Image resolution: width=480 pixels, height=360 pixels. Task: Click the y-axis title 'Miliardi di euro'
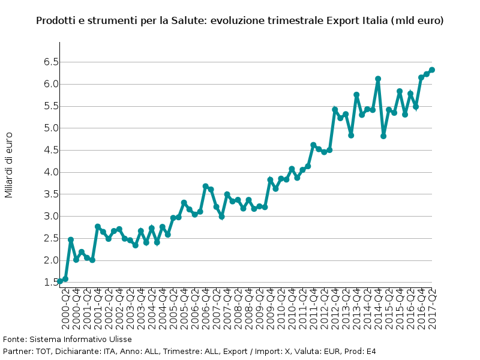(x=8, y=165)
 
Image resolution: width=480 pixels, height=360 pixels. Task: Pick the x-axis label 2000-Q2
(x=65, y=307)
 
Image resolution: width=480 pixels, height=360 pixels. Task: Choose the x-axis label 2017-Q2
(x=431, y=307)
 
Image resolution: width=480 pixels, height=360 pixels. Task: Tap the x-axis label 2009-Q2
(x=259, y=307)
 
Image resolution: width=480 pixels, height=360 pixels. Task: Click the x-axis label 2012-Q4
(x=335, y=307)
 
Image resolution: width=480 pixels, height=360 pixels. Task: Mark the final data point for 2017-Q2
(x=431, y=70)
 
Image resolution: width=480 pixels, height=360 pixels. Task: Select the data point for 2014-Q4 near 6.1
(x=378, y=79)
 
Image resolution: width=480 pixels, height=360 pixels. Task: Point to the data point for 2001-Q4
(x=98, y=227)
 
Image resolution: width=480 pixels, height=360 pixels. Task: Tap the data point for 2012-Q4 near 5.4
(x=335, y=110)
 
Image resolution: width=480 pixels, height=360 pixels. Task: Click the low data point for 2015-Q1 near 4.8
(x=383, y=136)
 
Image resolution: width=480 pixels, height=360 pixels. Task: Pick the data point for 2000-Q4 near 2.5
(x=71, y=240)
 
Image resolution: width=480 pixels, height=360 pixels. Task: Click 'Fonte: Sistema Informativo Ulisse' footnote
(x=67, y=340)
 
